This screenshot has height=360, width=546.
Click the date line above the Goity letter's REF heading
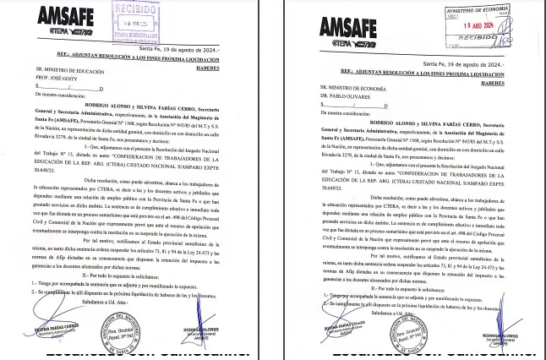183,50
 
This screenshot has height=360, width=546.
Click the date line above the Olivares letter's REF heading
464,64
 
